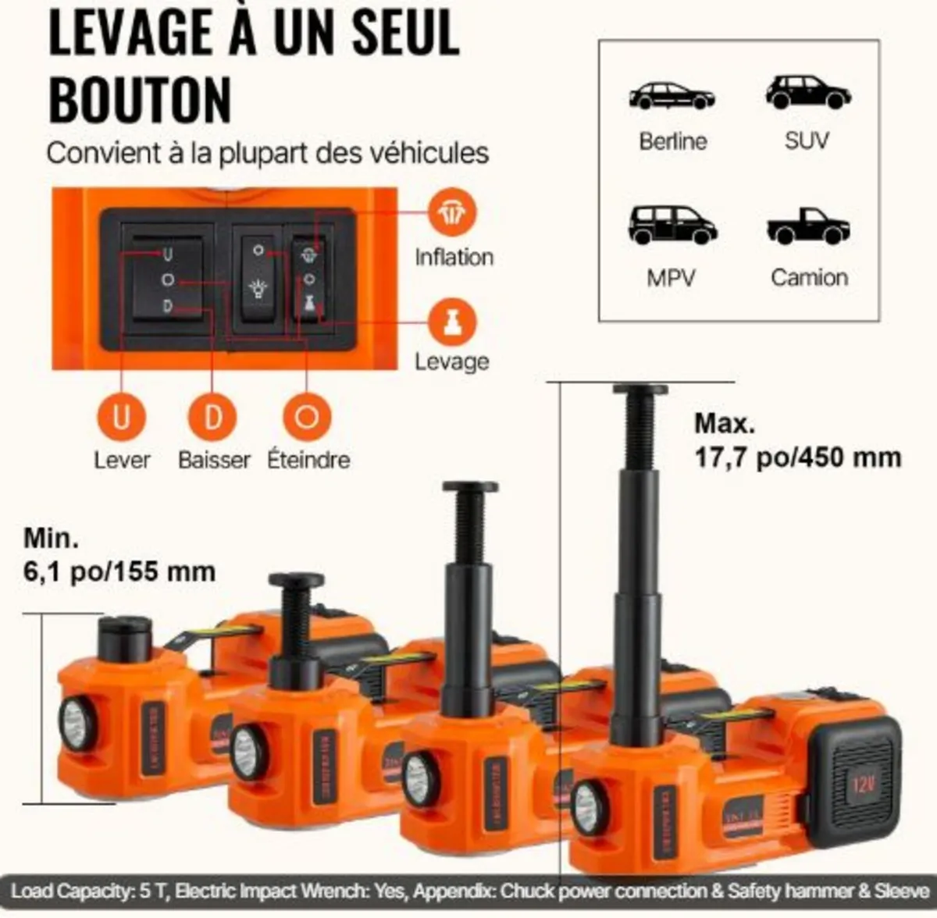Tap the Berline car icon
coord(672,95)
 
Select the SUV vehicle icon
coord(807,92)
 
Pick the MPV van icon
coord(672,225)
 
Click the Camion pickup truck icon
coord(808,226)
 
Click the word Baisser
coord(214,460)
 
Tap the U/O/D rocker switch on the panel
coord(167,280)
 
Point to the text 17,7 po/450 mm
coord(797,457)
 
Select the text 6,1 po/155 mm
coord(119,571)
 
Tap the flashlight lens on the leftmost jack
coord(77,724)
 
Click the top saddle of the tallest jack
coord(640,390)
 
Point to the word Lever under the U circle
coord(122,460)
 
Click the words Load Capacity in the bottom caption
coord(69,891)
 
